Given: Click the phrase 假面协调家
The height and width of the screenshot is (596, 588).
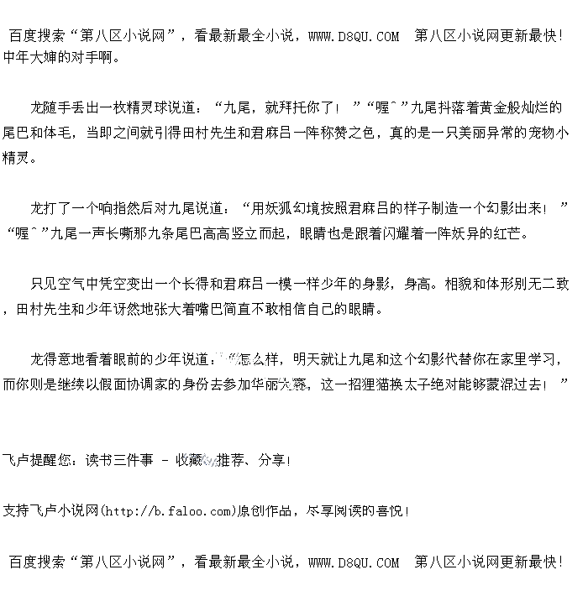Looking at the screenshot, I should tap(150, 384).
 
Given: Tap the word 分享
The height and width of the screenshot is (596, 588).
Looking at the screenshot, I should tap(271, 459).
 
